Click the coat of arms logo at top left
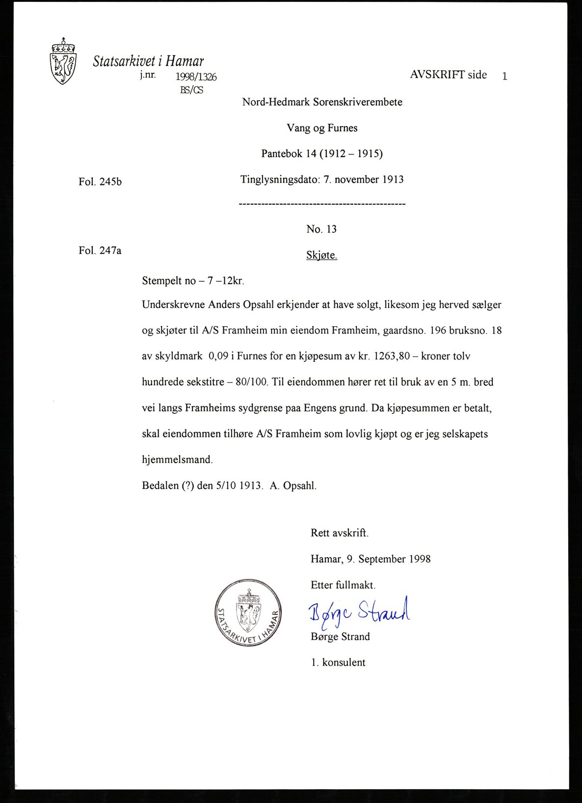pos(63,61)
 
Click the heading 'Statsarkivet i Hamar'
pos(148,61)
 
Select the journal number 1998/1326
pos(196,77)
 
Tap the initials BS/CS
pos(191,90)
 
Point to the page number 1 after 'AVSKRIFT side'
pos(504,76)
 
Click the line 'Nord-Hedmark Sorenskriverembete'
pos(322,102)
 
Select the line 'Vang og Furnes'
pos(322,128)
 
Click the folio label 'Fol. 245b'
pos(100,182)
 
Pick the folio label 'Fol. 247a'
pos(100,251)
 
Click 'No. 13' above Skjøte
pos(321,229)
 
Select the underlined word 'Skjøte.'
pos(321,255)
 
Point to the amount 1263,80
pos(392,356)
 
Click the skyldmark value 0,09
pos(218,356)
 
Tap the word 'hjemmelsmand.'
pos(177,460)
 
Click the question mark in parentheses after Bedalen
pos(188,486)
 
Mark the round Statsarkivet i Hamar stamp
pos(248,612)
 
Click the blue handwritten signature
pos(359,612)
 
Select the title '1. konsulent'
pos(338,663)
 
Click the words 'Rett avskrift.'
pos(339,533)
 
